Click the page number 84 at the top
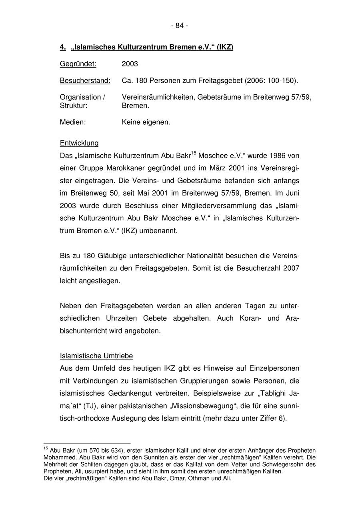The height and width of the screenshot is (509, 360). coord(180,26)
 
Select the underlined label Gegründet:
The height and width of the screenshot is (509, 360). coord(78,64)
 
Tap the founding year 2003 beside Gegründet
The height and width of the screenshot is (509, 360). coord(130,64)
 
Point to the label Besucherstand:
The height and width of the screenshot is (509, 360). coord(85,81)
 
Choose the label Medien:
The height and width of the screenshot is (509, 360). coord(73,122)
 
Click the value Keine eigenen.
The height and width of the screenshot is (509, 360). coord(146,122)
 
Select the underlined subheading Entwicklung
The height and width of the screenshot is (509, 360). coord(79,143)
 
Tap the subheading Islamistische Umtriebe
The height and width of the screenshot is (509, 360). coord(96,356)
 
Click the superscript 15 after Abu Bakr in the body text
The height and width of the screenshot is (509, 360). coord(194,153)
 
